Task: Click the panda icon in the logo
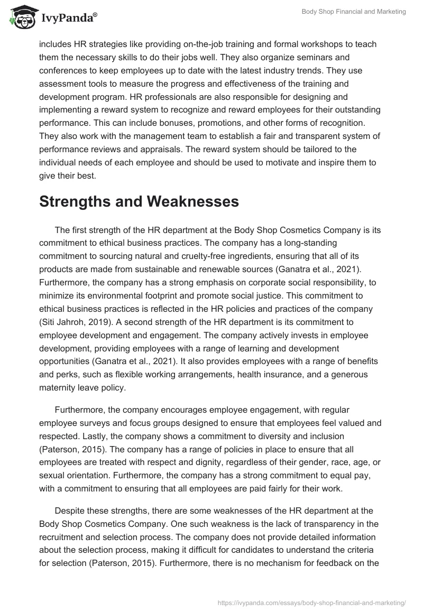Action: click(20, 17)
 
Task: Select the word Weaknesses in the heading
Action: click(190, 201)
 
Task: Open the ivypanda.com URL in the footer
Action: click(312, 602)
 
